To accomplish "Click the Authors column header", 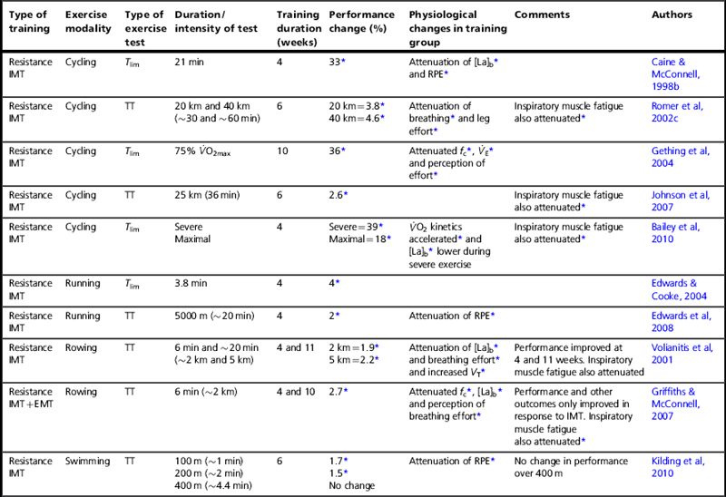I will pyautogui.click(x=672, y=15).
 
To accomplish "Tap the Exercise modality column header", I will pyautogui.click(x=88, y=22).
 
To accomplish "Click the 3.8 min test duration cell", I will pyautogui.click(x=192, y=283).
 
